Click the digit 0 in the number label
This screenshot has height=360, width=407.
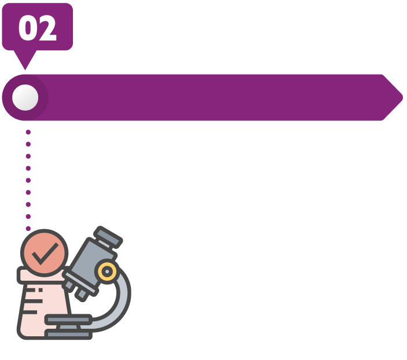[28, 28]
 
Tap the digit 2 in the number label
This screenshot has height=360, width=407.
[47, 28]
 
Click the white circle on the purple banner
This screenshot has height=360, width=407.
[25, 97]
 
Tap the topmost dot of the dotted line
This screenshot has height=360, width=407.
[28, 132]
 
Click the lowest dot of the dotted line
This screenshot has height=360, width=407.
[28, 228]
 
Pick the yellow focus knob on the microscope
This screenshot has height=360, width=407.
[107, 271]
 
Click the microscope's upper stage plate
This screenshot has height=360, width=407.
[68, 319]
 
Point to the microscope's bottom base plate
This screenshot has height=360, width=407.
[68, 335]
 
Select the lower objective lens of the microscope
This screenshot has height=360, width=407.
[82, 294]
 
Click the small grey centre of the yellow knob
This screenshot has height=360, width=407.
[107, 271]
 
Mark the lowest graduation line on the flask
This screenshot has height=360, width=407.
[31, 312]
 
